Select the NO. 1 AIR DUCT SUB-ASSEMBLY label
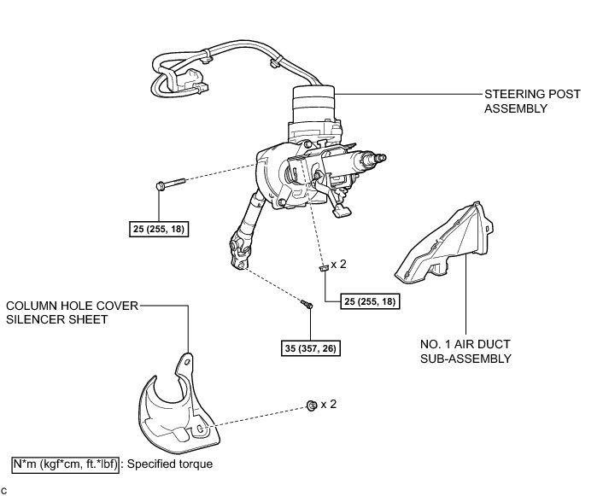click(465, 351)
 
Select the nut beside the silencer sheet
click(312, 404)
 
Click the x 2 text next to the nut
click(329, 404)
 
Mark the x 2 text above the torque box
click(339, 265)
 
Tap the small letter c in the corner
click(5, 490)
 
